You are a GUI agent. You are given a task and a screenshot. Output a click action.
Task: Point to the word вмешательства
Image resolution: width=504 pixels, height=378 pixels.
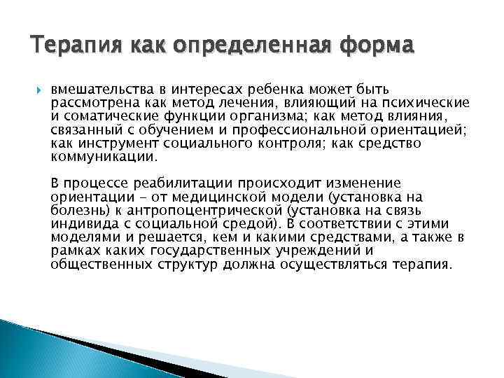97,90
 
